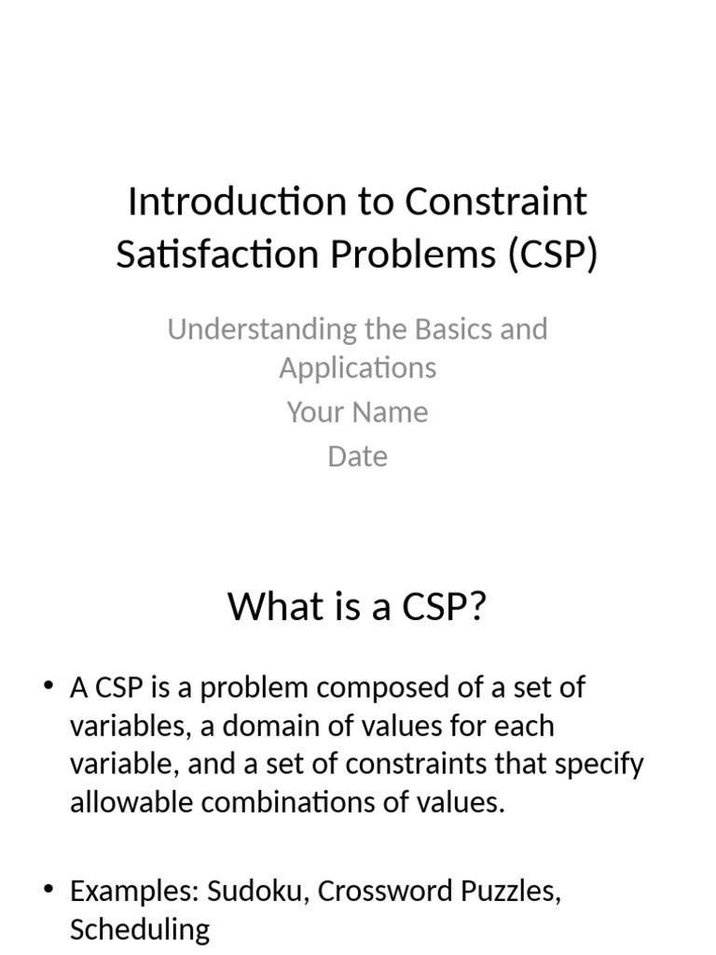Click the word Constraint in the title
point(497,201)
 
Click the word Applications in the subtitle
point(357,367)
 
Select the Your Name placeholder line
point(357,412)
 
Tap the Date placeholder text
point(357,456)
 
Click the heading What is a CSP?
point(357,607)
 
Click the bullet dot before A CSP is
point(48,688)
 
